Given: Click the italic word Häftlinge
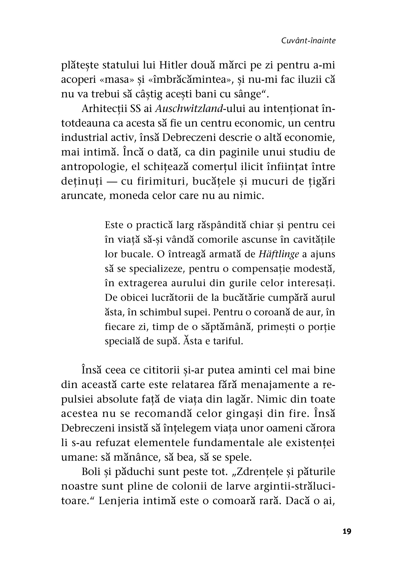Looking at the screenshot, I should tap(279, 254).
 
